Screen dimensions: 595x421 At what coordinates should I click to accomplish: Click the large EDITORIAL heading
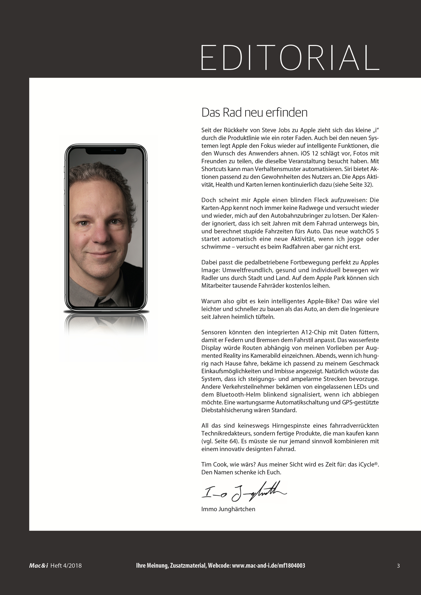pyautogui.click(x=290, y=57)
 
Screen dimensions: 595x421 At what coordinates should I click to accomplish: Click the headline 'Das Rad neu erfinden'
pyautogui.click(x=254, y=113)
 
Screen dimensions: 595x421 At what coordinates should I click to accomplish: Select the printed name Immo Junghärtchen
pyautogui.click(x=228, y=509)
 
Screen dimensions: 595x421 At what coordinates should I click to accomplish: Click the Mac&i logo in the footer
pyautogui.click(x=38, y=566)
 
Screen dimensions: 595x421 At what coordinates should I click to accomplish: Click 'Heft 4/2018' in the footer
pyautogui.click(x=66, y=566)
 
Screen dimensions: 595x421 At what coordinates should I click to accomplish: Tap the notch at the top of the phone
pyautogui.click(x=106, y=151)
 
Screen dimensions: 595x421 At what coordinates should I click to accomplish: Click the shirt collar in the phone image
pyautogui.click(x=104, y=298)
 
